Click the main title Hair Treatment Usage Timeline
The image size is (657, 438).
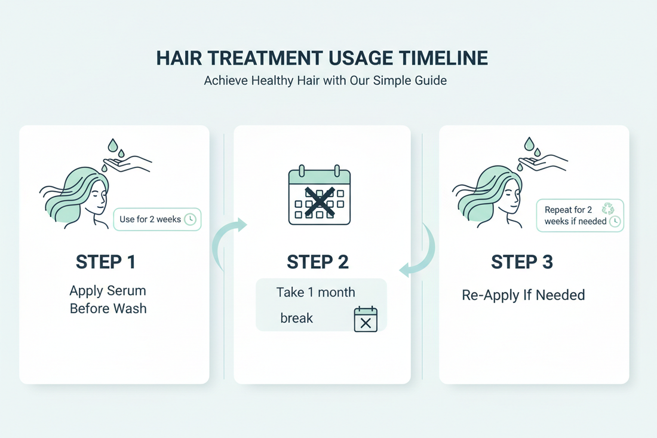coord(322,58)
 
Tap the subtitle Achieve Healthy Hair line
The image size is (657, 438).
coord(325,80)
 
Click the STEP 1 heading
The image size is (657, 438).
coord(106,262)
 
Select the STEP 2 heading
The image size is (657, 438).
coord(318,262)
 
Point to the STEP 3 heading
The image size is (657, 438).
coord(522,262)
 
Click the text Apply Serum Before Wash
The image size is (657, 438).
coord(108,299)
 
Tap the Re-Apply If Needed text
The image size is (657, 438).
coord(523,295)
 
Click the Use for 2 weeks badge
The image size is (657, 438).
coord(157,219)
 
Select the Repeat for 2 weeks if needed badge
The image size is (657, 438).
coord(580,216)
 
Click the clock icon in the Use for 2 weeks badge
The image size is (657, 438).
coord(190,219)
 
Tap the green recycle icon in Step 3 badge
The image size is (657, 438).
coord(608,209)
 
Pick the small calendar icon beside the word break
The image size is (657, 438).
coord(366,319)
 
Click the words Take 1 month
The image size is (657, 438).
coord(315,292)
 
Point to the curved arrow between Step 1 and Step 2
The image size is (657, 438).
coord(229,239)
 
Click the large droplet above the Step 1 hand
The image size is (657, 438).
coord(112,145)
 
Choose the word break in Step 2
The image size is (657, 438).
coord(297,318)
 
